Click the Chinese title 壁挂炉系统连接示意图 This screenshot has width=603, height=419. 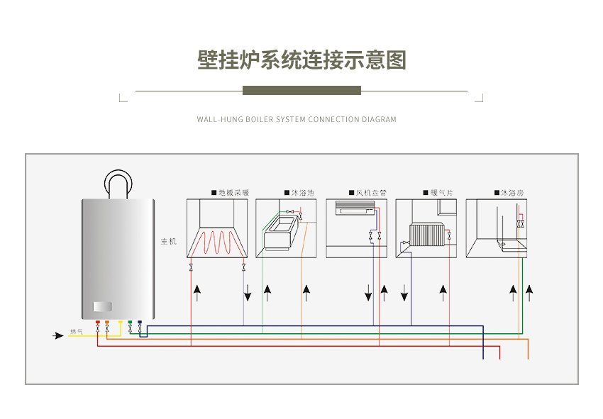[301, 60]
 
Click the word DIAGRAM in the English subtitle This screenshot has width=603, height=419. [379, 120]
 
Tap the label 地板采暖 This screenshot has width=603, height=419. [233, 192]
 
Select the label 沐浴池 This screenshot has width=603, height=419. [302, 192]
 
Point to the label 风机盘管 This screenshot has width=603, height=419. [371, 192]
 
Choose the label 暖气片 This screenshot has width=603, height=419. [441, 192]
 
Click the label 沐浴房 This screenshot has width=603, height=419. [512, 192]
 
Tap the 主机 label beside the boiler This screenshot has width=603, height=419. [169, 242]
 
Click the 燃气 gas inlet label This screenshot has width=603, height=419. [76, 332]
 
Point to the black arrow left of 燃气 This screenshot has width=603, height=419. [59, 335]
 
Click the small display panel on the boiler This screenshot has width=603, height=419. [103, 307]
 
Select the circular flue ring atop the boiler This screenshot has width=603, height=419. [118, 184]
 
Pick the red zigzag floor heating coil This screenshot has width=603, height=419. [216, 242]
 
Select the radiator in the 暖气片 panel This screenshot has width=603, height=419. [426, 233]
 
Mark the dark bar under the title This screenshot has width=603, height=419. [301, 91]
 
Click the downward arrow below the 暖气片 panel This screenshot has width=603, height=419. [404, 293]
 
